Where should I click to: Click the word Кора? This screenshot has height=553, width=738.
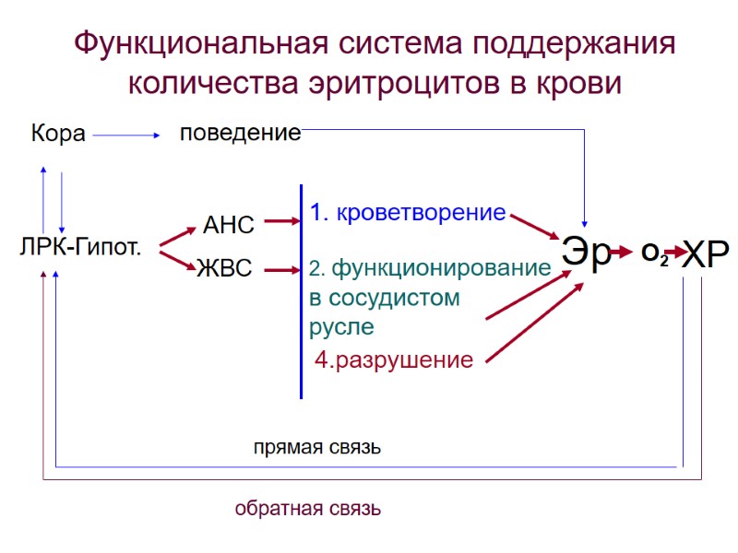58,135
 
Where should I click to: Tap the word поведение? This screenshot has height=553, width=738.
240,133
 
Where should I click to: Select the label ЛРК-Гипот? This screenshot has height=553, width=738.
79,247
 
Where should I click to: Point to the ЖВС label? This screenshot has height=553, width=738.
224,270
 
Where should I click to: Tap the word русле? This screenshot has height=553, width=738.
341,327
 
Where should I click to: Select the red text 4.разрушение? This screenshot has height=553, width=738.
394,360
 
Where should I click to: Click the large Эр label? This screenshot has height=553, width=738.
587,253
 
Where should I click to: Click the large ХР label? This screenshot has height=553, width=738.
706,253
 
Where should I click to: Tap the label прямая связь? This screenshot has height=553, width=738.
317,449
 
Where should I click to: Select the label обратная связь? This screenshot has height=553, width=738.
307,509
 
